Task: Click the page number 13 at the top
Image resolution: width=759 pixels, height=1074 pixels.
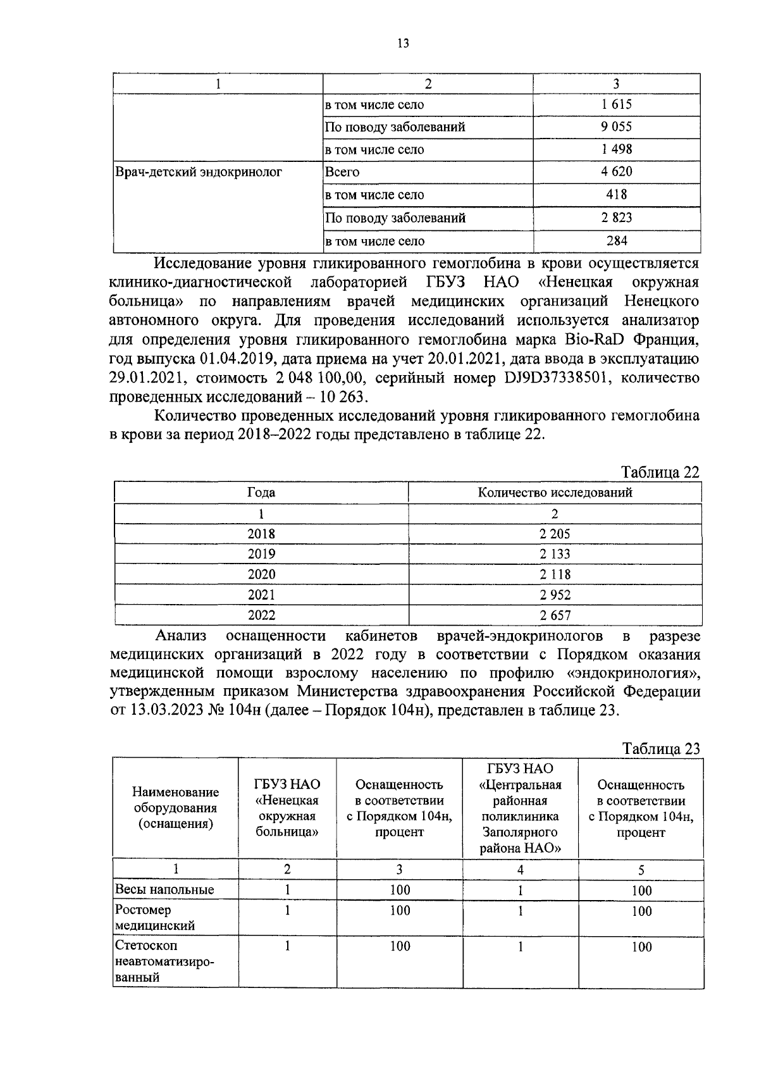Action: tap(403, 43)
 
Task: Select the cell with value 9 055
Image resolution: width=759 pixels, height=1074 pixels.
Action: tap(616, 127)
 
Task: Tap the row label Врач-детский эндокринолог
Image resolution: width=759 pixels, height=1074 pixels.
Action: tap(198, 172)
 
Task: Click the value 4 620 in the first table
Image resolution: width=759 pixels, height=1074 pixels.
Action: tap(616, 172)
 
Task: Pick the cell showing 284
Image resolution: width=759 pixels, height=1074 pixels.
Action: tap(616, 241)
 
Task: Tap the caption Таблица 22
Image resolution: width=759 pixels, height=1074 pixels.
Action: tap(660, 472)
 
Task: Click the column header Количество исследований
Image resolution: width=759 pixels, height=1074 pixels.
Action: tap(555, 493)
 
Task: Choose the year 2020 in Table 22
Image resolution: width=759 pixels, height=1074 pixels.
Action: tap(261, 574)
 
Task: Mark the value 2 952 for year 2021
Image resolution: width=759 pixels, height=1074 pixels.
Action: tap(555, 595)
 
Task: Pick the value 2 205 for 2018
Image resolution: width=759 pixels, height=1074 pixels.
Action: tap(555, 534)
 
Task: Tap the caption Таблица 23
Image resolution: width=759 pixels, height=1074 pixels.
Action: tap(661, 749)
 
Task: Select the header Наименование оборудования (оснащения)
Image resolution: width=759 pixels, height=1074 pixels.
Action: tap(176, 808)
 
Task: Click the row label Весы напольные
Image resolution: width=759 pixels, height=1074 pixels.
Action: tap(164, 890)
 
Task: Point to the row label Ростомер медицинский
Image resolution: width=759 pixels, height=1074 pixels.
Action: tap(155, 918)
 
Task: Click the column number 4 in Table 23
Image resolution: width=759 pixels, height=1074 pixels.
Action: tap(520, 870)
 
